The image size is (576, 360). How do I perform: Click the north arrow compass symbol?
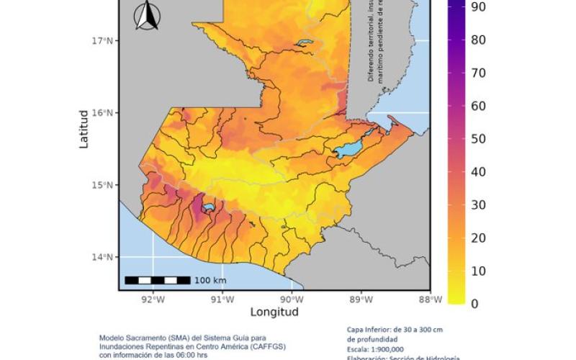click(x=148, y=16)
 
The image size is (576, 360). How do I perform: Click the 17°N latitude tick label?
click(x=103, y=40)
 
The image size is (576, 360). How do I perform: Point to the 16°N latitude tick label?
click(x=103, y=113)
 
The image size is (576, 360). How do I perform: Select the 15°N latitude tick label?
click(x=103, y=185)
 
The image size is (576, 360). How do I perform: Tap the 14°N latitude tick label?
click(x=103, y=257)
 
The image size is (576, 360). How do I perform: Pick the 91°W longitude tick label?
click(x=222, y=300)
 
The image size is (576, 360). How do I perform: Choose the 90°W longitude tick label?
click(x=291, y=300)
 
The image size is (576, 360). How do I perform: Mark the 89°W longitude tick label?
click(x=361, y=300)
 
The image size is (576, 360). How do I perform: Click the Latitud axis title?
click(x=84, y=130)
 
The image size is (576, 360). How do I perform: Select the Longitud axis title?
click(x=274, y=312)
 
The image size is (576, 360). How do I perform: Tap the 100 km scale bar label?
click(x=210, y=280)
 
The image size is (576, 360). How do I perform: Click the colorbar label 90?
click(x=478, y=6)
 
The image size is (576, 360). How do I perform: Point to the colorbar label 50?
click(x=478, y=139)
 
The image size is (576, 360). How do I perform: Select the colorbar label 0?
click(x=474, y=304)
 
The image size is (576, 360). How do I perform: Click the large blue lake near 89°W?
click(x=348, y=150)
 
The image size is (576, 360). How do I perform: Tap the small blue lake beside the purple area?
click(x=209, y=207)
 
